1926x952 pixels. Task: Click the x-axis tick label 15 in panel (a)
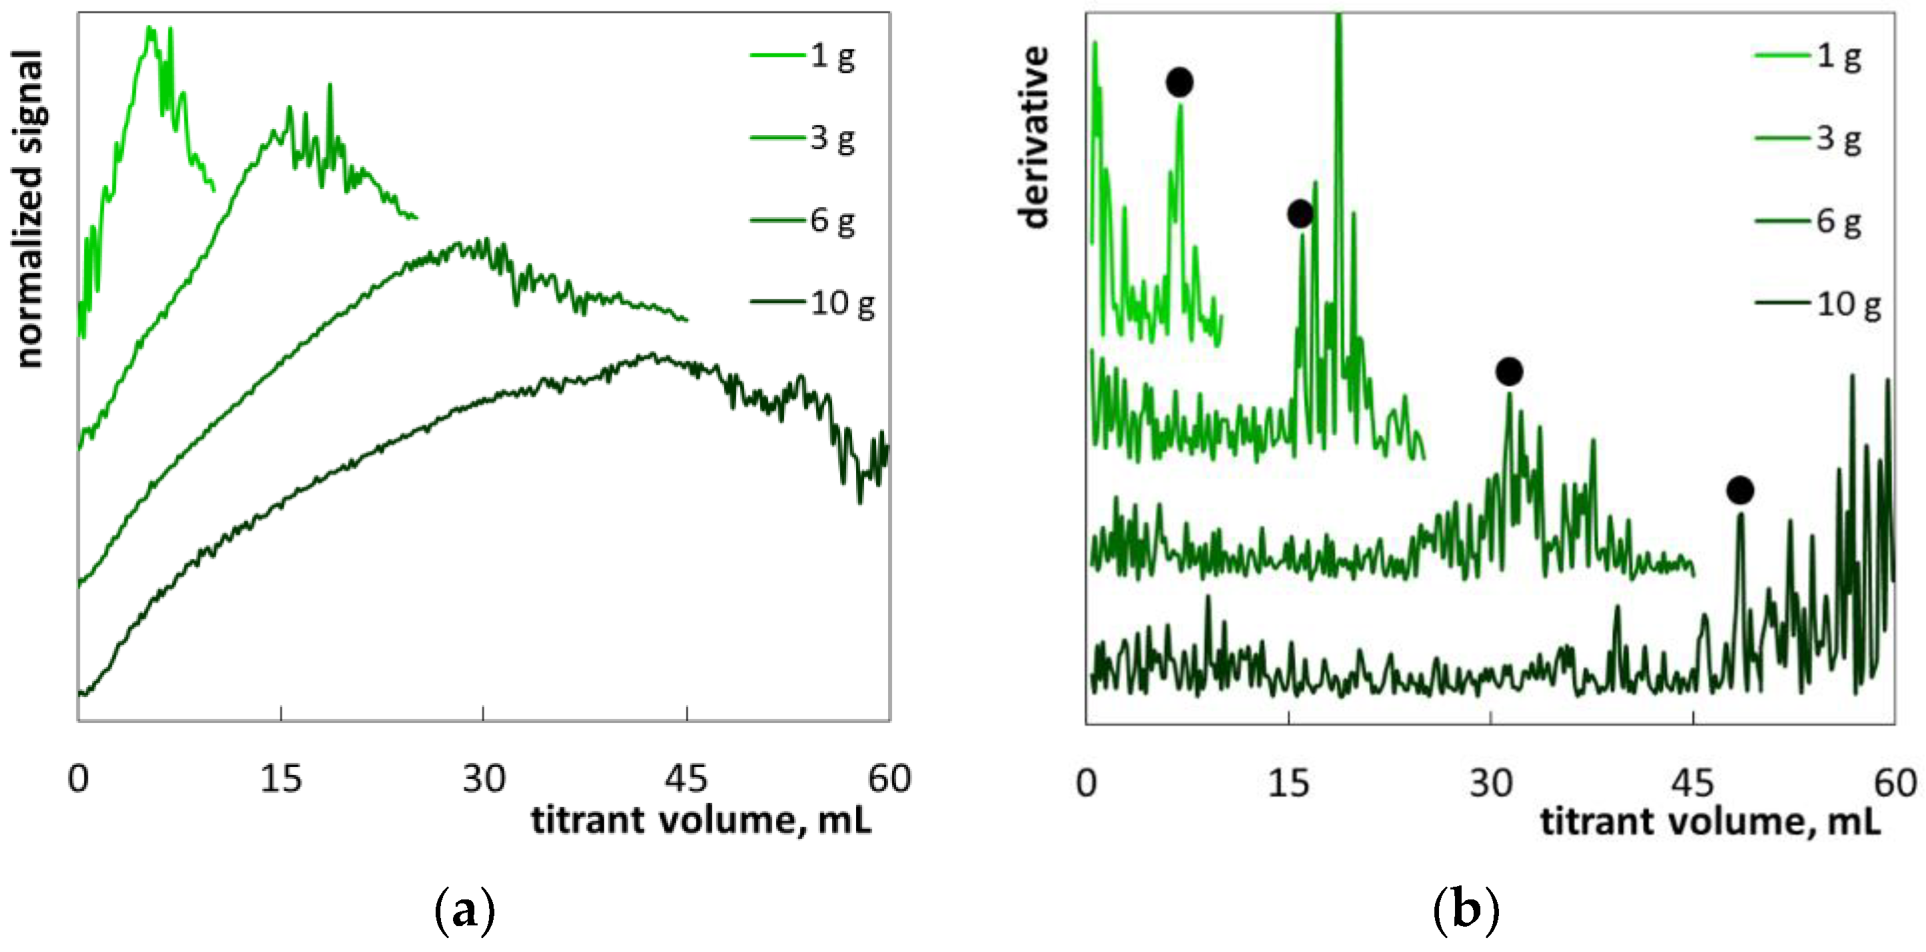[280, 779]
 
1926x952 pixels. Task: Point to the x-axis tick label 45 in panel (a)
[686, 779]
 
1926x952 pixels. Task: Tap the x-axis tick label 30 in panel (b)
[1491, 783]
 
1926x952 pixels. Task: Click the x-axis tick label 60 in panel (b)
[1895, 783]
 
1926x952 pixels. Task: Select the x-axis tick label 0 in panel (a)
[79, 779]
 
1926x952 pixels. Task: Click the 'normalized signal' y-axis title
[29, 209]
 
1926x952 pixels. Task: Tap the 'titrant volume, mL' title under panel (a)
[702, 820]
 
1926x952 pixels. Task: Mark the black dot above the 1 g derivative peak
[1179, 82]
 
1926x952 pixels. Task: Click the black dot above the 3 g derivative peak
[1300, 214]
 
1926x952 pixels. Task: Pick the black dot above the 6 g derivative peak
[1509, 371]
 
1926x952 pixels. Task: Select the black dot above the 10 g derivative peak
[1740, 490]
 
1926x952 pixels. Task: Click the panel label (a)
[464, 910]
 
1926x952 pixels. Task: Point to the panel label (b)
[1466, 910]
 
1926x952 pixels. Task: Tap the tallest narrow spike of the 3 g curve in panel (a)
[330, 85]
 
